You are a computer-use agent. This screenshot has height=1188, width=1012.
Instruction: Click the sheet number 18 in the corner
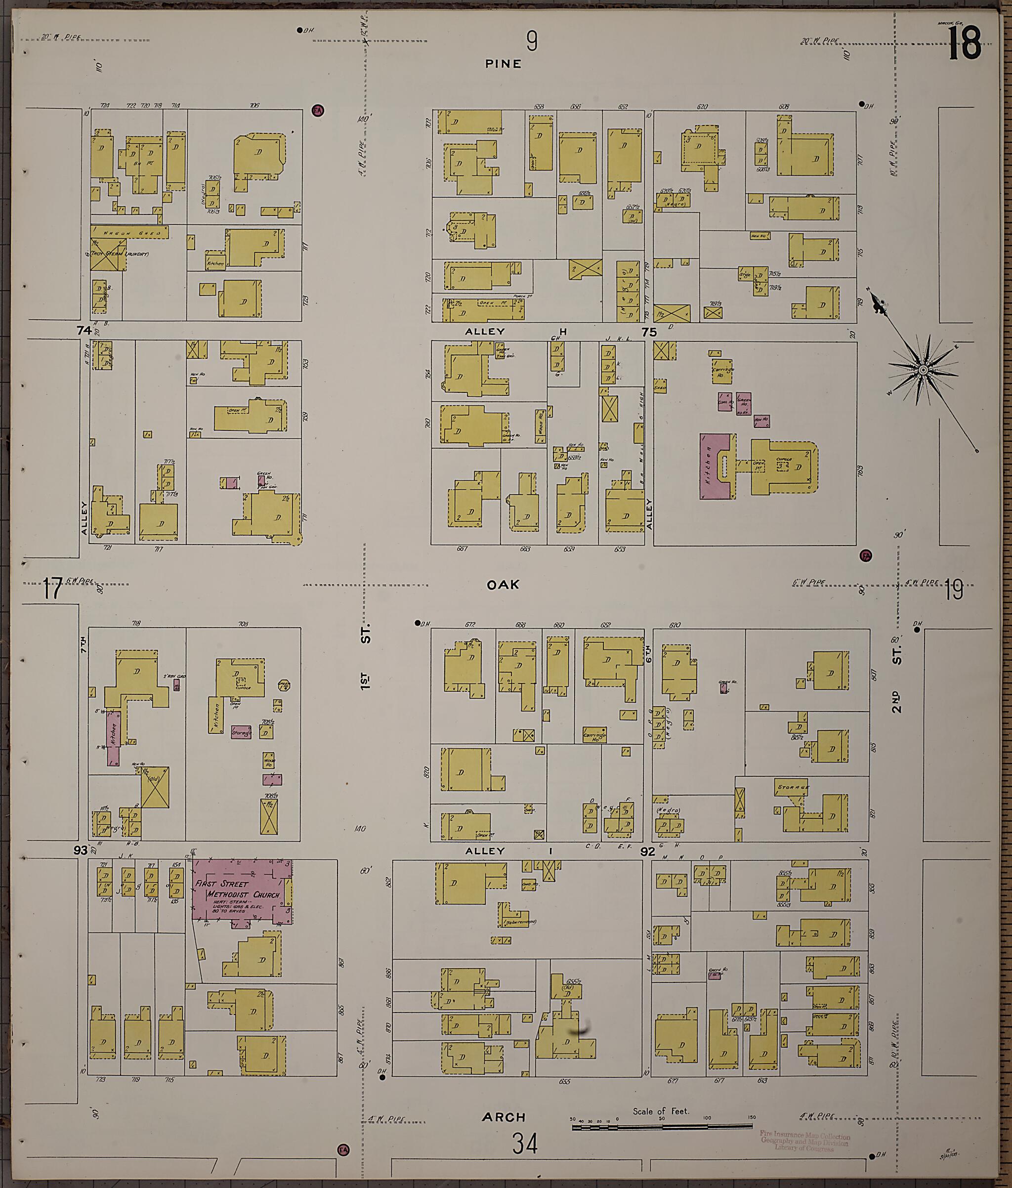click(965, 44)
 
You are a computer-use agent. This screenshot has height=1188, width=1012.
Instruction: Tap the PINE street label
click(503, 64)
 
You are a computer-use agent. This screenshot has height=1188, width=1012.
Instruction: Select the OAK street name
click(503, 584)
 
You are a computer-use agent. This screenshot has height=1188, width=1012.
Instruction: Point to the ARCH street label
click(504, 1117)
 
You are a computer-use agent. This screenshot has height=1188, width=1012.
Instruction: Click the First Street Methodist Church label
click(237, 890)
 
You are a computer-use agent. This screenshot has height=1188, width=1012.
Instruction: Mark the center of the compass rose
click(923, 371)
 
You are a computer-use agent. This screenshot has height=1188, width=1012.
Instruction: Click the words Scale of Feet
click(661, 1110)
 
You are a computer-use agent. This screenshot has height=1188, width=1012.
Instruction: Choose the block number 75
click(649, 332)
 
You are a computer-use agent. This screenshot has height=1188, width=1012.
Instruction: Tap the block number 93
click(80, 850)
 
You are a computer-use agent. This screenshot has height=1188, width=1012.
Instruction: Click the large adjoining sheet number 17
click(53, 589)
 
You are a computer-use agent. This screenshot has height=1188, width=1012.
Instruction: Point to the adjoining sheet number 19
click(954, 590)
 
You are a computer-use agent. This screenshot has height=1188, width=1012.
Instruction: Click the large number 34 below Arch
click(525, 1145)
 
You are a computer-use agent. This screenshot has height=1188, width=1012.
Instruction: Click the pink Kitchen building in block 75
click(714, 466)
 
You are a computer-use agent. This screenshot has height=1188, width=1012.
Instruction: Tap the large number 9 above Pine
click(532, 42)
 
